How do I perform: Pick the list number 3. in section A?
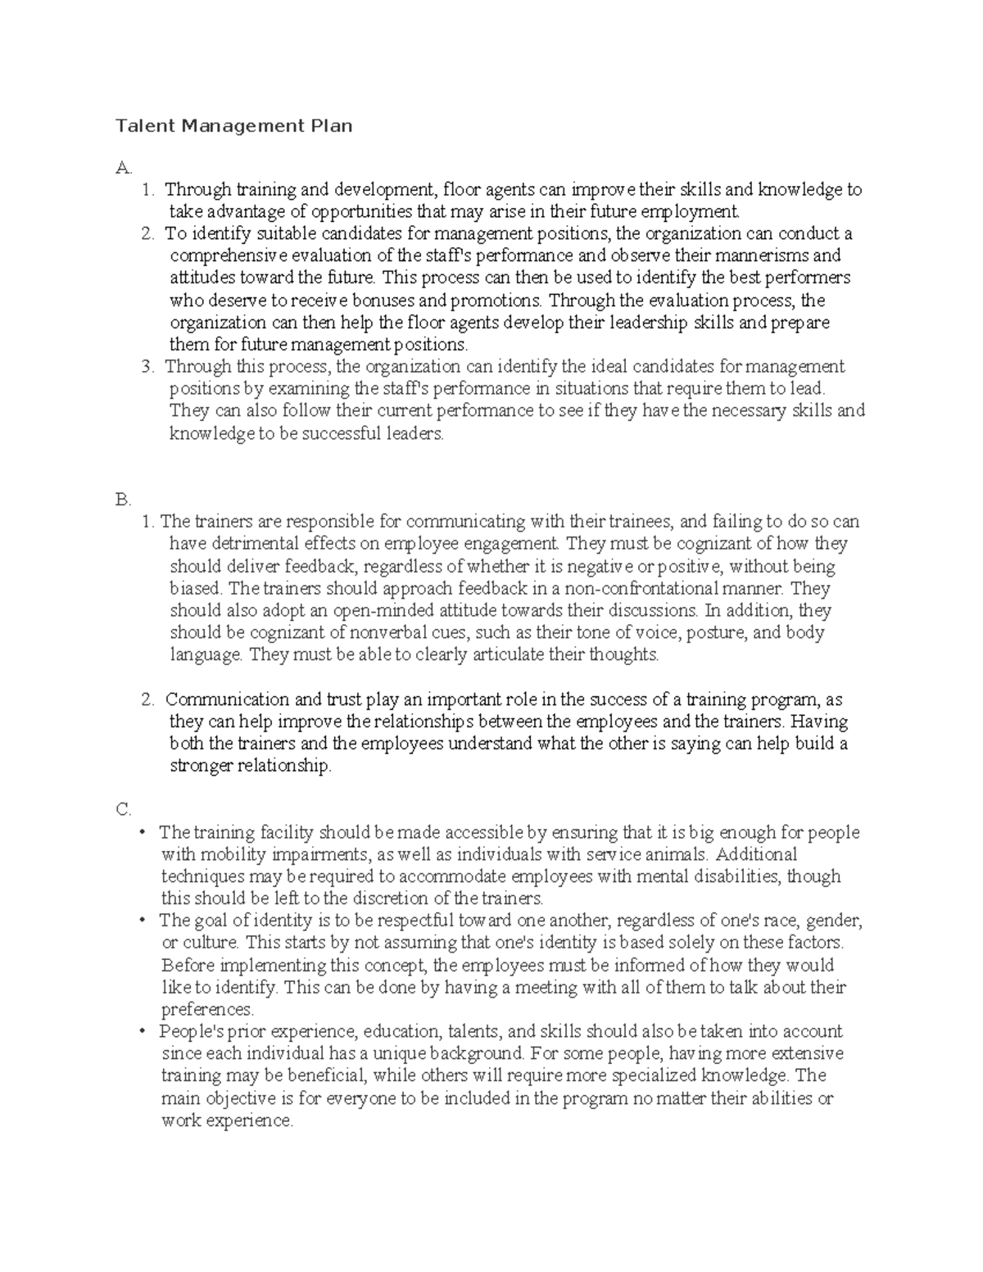tap(147, 366)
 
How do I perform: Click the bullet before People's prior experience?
tap(143, 1032)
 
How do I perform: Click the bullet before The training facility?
tap(143, 833)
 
